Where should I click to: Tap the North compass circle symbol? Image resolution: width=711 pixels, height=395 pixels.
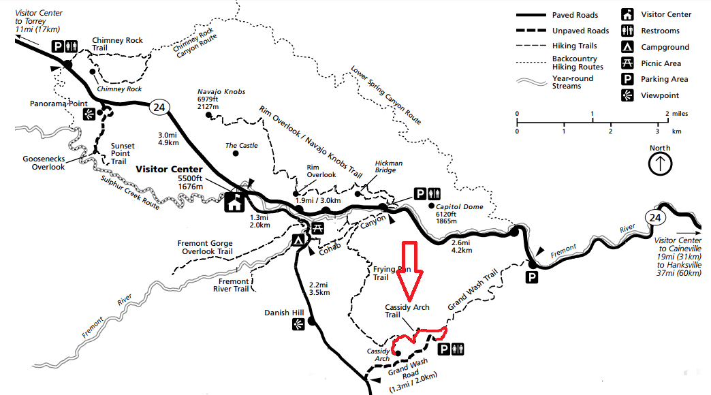click(x=660, y=163)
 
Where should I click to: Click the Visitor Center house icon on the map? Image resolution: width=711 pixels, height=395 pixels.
click(x=235, y=202)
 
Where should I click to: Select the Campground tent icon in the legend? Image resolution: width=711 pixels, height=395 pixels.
click(x=627, y=47)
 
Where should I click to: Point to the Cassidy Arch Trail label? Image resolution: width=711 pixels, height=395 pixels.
click(x=407, y=311)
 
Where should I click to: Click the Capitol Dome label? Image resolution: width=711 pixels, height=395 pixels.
click(x=460, y=207)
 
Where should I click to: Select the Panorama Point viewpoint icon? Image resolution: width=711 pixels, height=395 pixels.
click(x=88, y=114)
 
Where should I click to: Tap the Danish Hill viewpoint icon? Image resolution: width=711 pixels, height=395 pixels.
click(x=298, y=326)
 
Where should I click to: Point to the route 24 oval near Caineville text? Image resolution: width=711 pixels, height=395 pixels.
click(x=654, y=217)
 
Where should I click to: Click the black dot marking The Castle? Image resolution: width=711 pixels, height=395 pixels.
click(x=236, y=153)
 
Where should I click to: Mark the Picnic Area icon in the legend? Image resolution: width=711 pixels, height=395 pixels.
click(x=627, y=63)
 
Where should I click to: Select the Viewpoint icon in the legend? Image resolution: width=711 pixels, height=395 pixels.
click(x=627, y=95)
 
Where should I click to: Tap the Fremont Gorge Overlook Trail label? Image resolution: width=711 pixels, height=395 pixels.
click(x=204, y=247)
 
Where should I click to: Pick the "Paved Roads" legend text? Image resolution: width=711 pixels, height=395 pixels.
click(x=575, y=15)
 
